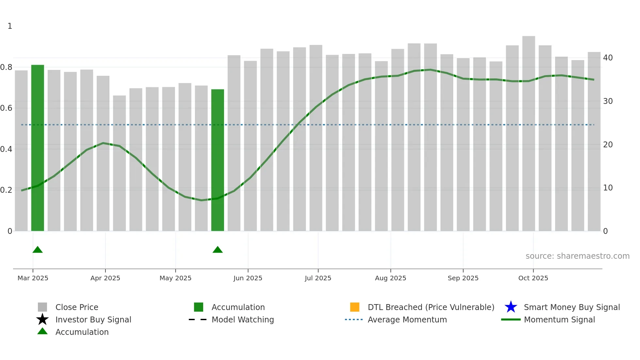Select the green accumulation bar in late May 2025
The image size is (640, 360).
[217, 160]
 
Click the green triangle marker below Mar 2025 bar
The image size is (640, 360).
[38, 250]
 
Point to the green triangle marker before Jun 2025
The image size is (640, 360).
[217, 250]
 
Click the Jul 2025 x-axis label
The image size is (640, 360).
[318, 278]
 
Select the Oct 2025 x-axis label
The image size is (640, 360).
[533, 278]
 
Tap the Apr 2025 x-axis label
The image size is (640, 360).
[105, 278]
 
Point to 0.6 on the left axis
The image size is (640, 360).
[6, 108]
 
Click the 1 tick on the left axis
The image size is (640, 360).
[10, 26]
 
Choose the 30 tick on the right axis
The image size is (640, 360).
[608, 101]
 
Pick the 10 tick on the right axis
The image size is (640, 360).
[608, 188]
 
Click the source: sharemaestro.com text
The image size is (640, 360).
[577, 256]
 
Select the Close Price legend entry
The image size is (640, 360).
[77, 307]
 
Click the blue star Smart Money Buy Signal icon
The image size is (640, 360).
[511, 307]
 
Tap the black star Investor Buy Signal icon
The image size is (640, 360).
[42, 319]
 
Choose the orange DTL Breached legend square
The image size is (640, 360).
[355, 307]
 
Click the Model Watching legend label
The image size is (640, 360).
[243, 319]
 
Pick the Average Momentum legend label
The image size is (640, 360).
[407, 319]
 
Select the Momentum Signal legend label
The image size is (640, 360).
[559, 319]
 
